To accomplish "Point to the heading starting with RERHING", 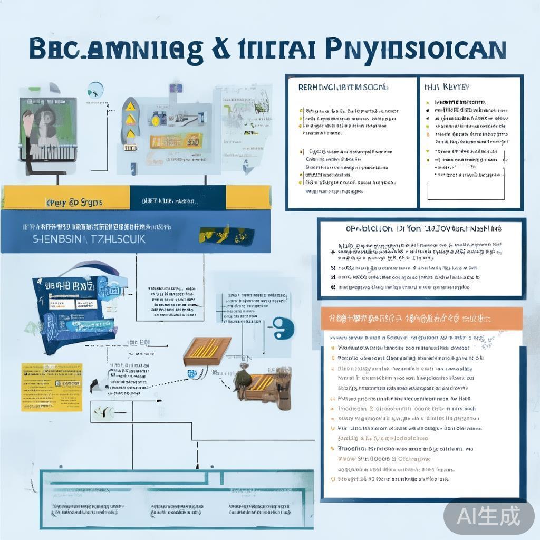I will click(x=343, y=87).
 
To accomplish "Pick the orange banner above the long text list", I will click(x=421, y=319).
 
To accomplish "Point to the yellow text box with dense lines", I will click(x=52, y=387).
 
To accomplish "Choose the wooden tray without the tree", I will click(x=207, y=351).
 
